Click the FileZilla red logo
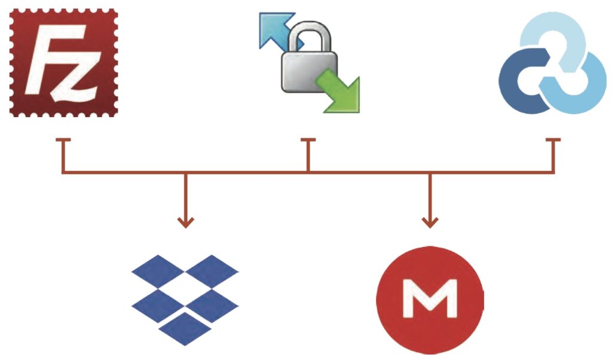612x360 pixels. click(x=64, y=63)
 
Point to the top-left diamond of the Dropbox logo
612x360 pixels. click(x=157, y=271)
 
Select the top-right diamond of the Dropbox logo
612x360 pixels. click(x=212, y=271)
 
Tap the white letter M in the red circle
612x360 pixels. click(x=430, y=298)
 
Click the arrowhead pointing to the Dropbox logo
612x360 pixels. click(x=186, y=222)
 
